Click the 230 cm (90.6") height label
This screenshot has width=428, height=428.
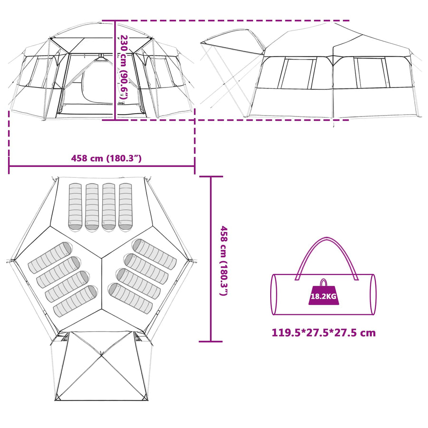124,68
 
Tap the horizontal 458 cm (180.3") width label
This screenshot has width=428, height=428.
106,158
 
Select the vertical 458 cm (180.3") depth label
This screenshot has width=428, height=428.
224,261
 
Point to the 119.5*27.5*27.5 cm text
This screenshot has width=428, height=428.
323,333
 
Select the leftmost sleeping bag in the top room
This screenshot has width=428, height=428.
75,207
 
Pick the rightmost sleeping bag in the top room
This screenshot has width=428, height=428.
125,207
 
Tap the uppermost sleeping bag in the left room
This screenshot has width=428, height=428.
50,258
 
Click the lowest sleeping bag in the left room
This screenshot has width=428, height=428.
75,302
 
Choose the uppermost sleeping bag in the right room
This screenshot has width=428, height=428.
154,254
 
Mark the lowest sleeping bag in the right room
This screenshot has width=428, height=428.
130,298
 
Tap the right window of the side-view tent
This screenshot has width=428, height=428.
372,73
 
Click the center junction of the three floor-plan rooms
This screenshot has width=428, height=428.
102,258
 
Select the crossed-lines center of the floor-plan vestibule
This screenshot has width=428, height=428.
101,355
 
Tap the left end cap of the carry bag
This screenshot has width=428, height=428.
273,294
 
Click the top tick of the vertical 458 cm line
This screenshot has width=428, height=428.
211,176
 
